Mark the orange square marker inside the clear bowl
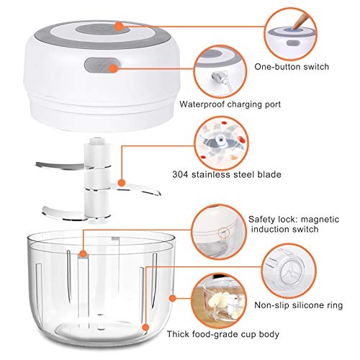click(x=84, y=253)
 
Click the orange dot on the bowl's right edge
click(x=171, y=297)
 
